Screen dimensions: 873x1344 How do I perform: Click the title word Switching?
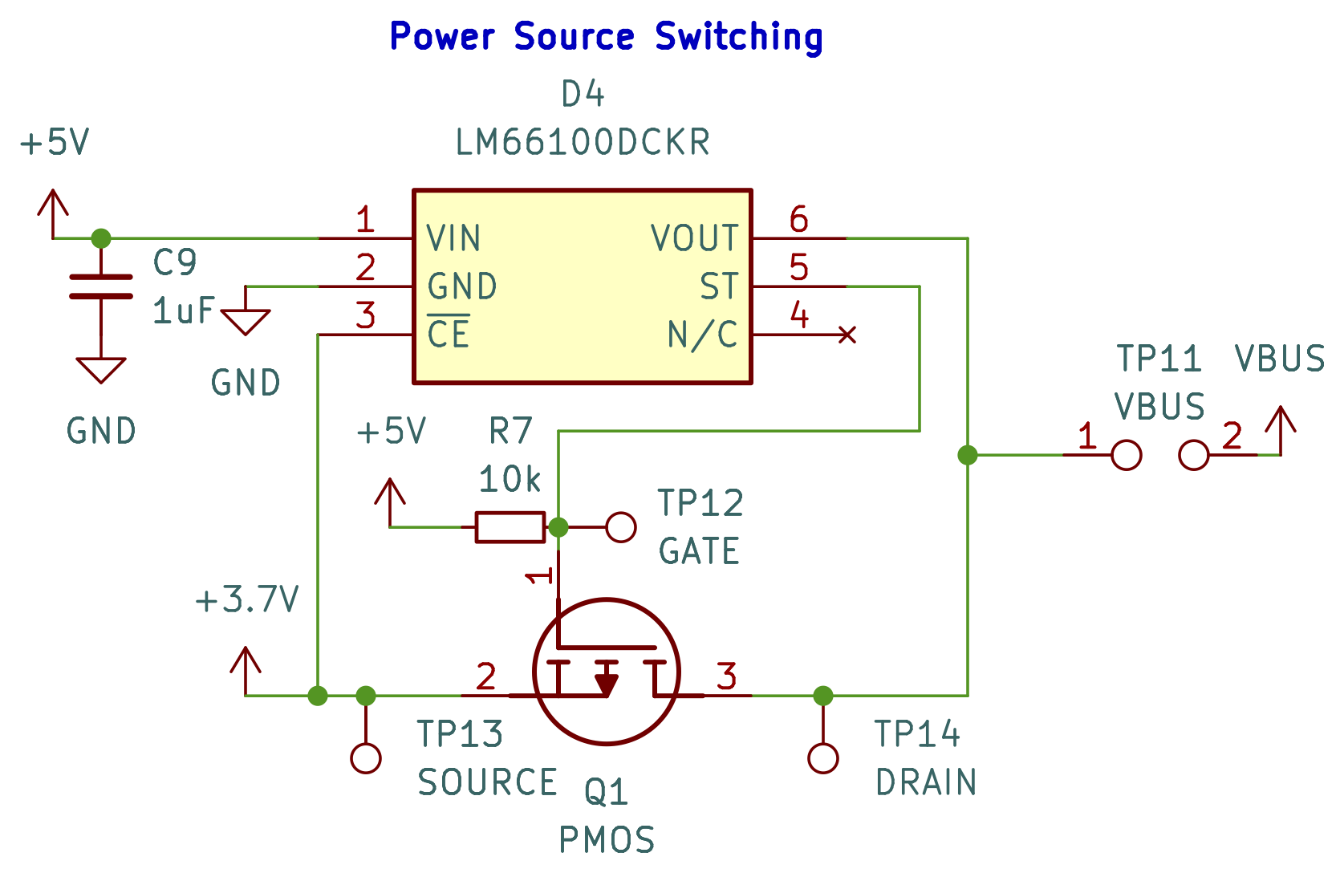pyautogui.click(x=738, y=37)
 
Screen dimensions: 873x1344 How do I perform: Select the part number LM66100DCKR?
pyautogui.click(x=583, y=143)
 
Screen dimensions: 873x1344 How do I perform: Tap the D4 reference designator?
pyautogui.click(x=583, y=95)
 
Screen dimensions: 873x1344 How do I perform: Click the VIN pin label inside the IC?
pyautogui.click(x=453, y=238)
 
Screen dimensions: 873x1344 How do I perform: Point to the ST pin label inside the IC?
pyautogui.click(x=718, y=286)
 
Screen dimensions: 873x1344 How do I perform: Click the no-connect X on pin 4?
pyautogui.click(x=847, y=335)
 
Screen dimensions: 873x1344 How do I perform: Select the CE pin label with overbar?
pyautogui.click(x=449, y=334)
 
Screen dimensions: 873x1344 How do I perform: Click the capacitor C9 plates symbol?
pyautogui.click(x=101, y=286)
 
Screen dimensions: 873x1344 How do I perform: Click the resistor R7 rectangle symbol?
pyautogui.click(x=510, y=527)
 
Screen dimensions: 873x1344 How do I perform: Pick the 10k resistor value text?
pyautogui.click(x=510, y=480)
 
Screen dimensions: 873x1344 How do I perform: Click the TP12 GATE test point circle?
pyautogui.click(x=621, y=527)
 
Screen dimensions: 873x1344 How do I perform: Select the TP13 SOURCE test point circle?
pyautogui.click(x=366, y=757)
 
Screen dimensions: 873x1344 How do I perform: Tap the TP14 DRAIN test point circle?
pyautogui.click(x=823, y=757)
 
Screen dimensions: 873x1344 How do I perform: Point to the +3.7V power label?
pyautogui.click(x=247, y=600)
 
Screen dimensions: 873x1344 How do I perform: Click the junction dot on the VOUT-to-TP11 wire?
pyautogui.click(x=968, y=455)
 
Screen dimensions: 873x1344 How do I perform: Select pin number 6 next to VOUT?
pyautogui.click(x=798, y=219)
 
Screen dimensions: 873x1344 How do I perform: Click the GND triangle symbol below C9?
pyautogui.click(x=101, y=370)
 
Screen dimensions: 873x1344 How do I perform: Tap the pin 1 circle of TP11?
pyautogui.click(x=1127, y=455)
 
